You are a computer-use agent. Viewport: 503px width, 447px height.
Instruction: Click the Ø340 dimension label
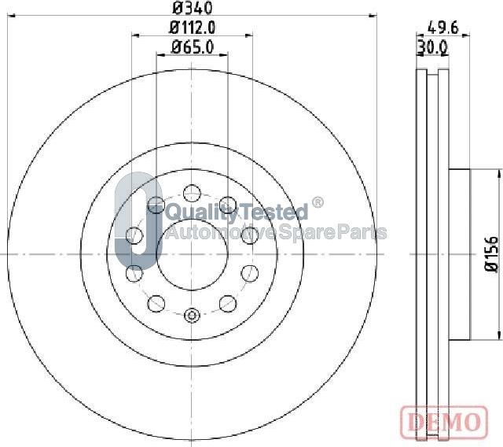coord(192,7)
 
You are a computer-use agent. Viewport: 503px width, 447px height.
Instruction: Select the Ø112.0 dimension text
coord(192,28)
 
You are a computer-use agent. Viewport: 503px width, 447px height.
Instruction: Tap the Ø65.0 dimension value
coord(192,47)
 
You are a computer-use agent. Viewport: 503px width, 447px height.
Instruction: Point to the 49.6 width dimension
coord(443,28)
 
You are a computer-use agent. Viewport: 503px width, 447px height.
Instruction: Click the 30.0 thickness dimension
coord(432,48)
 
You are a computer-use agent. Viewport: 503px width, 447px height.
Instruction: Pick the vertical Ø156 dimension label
coord(491,254)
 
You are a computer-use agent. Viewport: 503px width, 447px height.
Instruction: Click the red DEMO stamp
coord(444,422)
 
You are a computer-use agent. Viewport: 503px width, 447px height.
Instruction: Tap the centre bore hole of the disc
coord(192,255)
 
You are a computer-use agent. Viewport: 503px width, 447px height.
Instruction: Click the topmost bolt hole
coord(192,193)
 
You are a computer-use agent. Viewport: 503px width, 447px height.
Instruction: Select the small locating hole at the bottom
coord(192,316)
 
